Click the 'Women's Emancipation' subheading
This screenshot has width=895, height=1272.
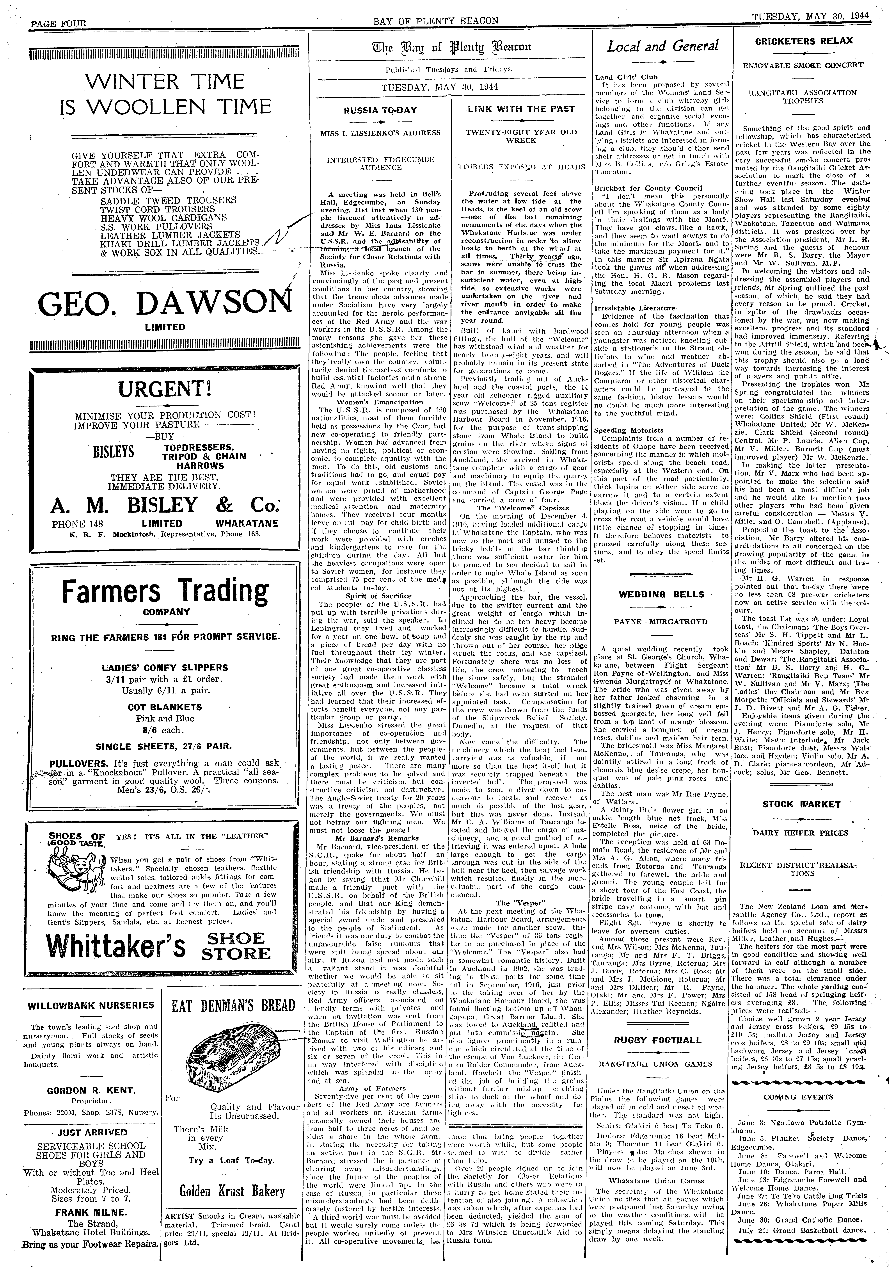coord(379,402)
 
